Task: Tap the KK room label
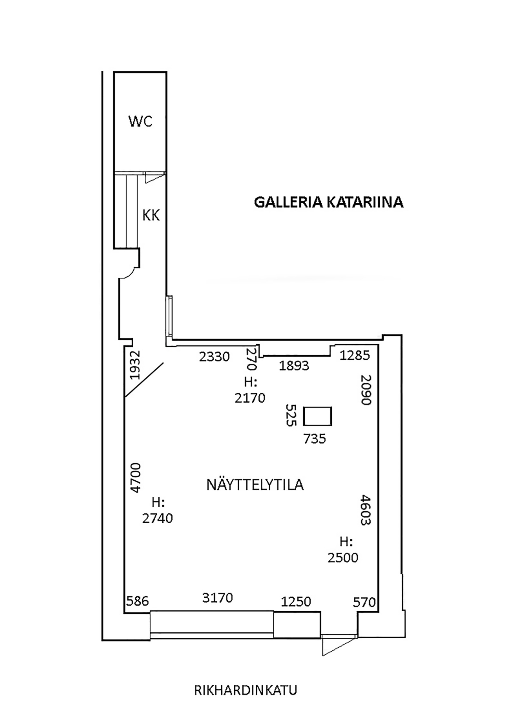(x=151, y=216)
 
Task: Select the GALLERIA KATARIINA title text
(x=329, y=202)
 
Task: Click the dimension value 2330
(x=214, y=357)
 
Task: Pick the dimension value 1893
(x=294, y=366)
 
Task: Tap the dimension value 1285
(x=355, y=355)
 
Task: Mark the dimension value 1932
(x=135, y=365)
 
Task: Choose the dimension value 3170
(x=217, y=598)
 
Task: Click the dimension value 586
(x=138, y=601)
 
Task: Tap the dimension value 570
(x=364, y=602)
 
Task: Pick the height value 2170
(x=250, y=398)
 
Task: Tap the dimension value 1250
(x=296, y=601)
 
